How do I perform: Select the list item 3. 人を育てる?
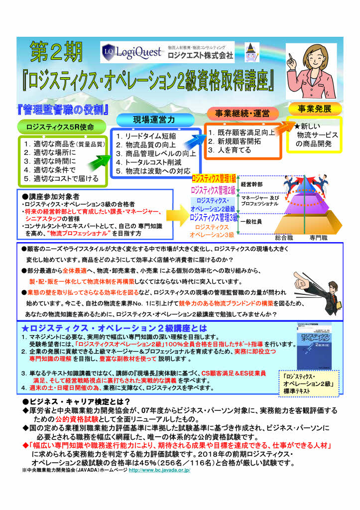(x=230, y=149)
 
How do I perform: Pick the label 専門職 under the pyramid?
(x=318, y=238)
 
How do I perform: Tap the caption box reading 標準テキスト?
(x=305, y=384)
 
